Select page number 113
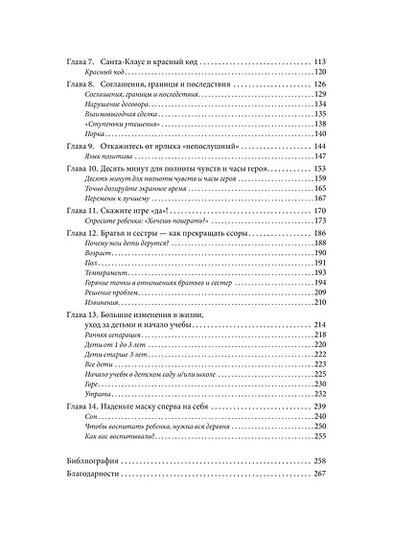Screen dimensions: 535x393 [x=320, y=62]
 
